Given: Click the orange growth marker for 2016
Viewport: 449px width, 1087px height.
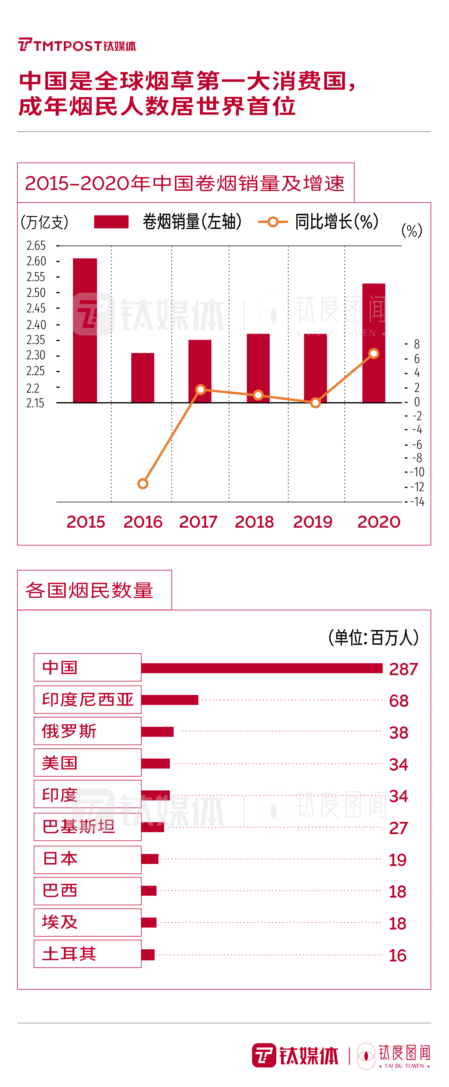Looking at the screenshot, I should [x=143, y=484].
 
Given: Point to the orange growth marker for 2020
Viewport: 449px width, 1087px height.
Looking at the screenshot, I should [x=373, y=354].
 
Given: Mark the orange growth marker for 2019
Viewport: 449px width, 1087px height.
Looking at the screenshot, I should [x=315, y=403].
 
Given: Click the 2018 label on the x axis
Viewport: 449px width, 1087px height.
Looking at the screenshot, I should [x=254, y=522].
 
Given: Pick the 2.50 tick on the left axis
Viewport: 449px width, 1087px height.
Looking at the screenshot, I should [x=36, y=292].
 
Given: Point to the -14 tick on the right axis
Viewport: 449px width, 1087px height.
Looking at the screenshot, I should [x=417, y=502].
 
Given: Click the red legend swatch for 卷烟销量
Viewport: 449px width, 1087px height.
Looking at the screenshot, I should [x=111, y=222].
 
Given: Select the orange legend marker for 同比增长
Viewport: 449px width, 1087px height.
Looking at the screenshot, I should [x=273, y=222].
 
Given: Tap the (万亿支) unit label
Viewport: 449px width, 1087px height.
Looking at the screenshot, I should [x=45, y=222].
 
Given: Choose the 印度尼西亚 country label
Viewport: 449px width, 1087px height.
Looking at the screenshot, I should [x=88, y=699].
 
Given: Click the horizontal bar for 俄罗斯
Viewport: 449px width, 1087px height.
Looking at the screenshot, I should [x=157, y=732].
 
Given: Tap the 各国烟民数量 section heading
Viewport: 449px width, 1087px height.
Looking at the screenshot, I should [x=89, y=590].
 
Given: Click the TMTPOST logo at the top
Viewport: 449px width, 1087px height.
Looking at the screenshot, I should [x=77, y=45].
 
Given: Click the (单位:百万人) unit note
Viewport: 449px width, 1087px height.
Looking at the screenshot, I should [x=373, y=637].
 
